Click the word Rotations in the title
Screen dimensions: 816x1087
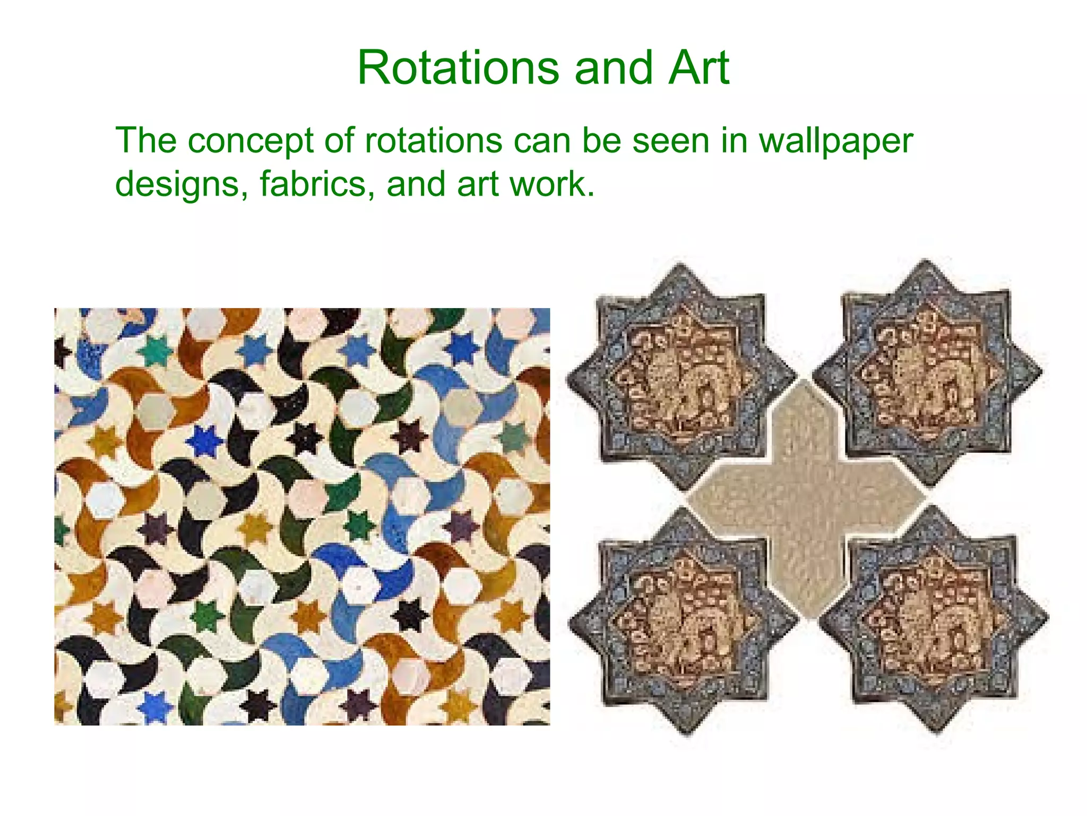[458, 68]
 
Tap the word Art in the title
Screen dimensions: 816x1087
[698, 68]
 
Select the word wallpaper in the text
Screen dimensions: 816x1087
[836, 142]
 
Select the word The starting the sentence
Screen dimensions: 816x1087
[146, 141]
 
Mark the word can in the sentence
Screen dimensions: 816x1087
[541, 141]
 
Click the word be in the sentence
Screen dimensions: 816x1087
[601, 141]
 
